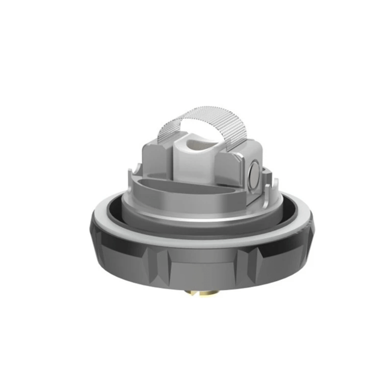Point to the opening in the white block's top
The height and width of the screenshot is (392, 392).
196,144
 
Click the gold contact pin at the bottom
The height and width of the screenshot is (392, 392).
200,294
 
